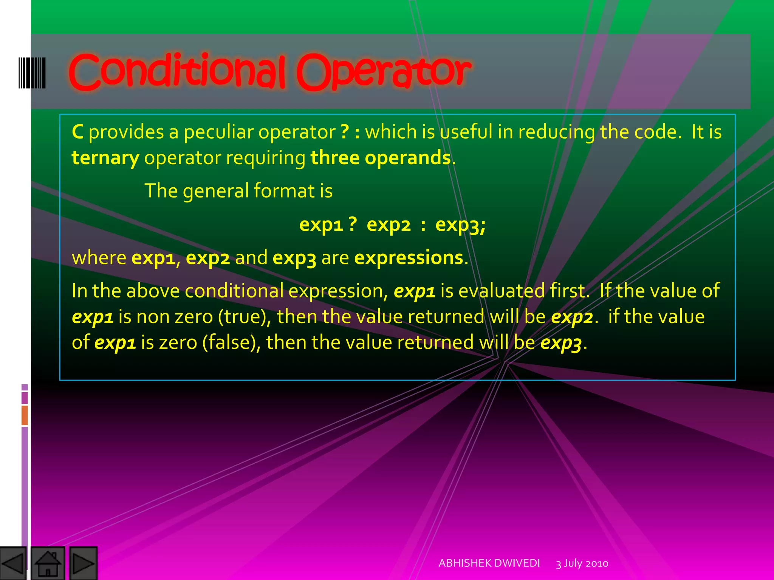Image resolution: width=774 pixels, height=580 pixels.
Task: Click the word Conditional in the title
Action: (x=177, y=72)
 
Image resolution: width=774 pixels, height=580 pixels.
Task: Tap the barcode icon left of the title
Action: (x=32, y=73)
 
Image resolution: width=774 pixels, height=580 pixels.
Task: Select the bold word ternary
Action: (x=105, y=158)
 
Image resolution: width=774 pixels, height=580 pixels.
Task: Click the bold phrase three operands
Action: (x=381, y=158)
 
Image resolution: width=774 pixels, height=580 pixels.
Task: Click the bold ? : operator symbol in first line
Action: (x=350, y=132)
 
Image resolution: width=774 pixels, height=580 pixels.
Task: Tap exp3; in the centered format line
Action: (x=460, y=225)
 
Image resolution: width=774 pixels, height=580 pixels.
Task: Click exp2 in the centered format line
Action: (x=389, y=225)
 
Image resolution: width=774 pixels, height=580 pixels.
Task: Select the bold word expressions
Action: (x=409, y=258)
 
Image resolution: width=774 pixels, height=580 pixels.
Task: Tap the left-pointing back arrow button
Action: (x=13, y=563)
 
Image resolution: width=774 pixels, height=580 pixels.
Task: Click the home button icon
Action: (x=48, y=563)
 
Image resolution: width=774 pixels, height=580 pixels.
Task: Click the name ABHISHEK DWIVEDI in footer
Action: (x=489, y=563)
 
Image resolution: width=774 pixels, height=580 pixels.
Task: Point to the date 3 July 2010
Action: (x=582, y=563)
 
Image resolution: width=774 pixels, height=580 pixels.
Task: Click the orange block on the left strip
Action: (x=25, y=415)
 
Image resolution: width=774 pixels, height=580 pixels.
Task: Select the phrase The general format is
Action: (x=238, y=191)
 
